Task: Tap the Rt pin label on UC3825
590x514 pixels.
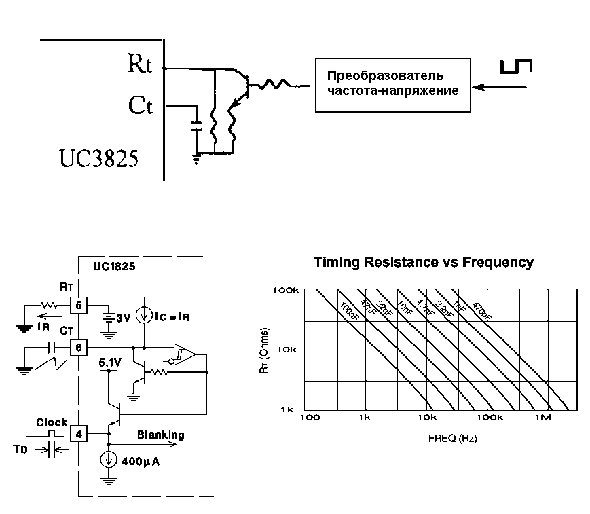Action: pyautogui.click(x=140, y=65)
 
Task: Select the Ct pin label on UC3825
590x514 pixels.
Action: pyautogui.click(x=140, y=106)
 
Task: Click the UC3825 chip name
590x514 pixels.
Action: pyautogui.click(x=98, y=159)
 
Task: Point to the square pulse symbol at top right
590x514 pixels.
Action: pyautogui.click(x=516, y=67)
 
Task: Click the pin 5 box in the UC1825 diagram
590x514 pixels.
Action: pyautogui.click(x=79, y=306)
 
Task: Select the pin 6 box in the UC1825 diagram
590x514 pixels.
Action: pyautogui.click(x=79, y=348)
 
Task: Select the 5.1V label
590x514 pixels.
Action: pyautogui.click(x=109, y=363)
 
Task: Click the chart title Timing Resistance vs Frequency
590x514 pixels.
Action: pyautogui.click(x=424, y=263)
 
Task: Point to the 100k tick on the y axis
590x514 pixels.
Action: pyautogui.click(x=286, y=291)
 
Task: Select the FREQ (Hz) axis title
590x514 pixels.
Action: pyautogui.click(x=452, y=439)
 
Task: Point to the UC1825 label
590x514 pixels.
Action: pyautogui.click(x=113, y=267)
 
